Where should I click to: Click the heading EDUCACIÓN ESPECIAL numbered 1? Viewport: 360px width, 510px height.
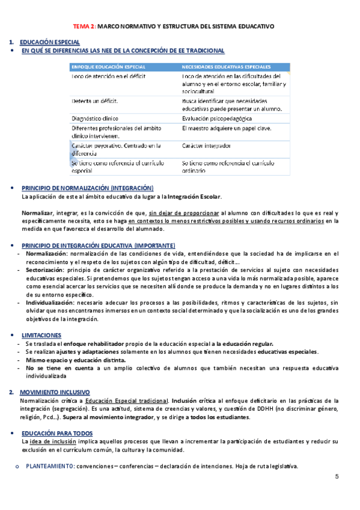(49, 42)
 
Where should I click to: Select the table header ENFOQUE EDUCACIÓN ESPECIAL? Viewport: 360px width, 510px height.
(108, 67)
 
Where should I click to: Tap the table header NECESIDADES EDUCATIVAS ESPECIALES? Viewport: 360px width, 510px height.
(225, 67)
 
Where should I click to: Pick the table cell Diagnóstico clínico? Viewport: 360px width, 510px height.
(95, 118)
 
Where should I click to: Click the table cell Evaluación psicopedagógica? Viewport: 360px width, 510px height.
(216, 118)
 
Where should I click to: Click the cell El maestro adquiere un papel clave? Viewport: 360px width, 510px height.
(226, 128)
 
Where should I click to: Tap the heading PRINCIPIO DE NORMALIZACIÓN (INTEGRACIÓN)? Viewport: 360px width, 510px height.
(87, 188)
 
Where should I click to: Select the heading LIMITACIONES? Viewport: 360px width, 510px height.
(41, 334)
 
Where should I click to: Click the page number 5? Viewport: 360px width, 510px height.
(337, 477)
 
